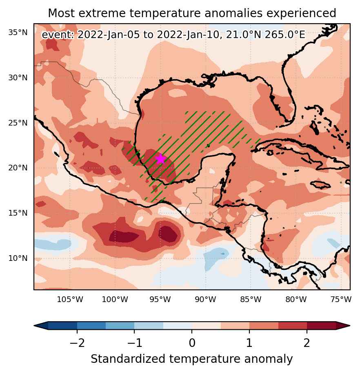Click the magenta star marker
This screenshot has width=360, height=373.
161,159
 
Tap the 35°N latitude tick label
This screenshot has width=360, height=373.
18,33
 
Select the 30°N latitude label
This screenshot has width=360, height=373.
18,78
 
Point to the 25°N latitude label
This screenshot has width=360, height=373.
18,123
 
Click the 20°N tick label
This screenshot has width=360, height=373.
18,168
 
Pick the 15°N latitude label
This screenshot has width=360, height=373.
18,213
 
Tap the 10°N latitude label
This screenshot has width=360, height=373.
18,258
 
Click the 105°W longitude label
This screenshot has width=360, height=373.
70,299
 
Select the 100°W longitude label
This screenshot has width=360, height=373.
115,299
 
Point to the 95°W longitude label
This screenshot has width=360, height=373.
160,299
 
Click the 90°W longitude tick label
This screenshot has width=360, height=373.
206,299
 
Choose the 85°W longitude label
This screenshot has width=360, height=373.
251,299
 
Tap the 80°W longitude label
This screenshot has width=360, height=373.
296,299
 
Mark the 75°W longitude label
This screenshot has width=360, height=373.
341,299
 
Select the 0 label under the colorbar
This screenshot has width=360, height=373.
192,343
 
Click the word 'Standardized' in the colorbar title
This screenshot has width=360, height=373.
128,359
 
